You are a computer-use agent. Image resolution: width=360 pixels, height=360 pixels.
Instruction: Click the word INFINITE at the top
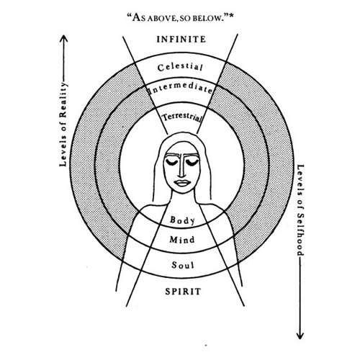181,40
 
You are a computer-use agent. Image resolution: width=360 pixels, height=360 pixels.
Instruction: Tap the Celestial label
180,67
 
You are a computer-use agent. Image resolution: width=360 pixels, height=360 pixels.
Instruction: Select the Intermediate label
181,89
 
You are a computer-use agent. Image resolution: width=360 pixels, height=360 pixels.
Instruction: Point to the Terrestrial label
181,117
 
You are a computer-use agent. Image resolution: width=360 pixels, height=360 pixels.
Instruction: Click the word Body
182,220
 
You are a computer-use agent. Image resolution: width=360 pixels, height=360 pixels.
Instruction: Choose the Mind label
182,240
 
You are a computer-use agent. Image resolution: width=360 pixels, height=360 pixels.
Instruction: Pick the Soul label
183,265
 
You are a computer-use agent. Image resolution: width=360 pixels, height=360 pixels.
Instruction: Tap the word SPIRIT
183,292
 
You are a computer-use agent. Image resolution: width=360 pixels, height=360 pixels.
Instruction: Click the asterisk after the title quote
231,17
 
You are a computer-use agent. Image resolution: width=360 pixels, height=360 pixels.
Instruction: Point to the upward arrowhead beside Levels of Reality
63,38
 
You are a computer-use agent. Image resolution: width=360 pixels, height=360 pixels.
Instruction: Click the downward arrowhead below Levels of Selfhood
300,335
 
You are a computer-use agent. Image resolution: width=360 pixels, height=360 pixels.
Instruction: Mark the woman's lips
182,182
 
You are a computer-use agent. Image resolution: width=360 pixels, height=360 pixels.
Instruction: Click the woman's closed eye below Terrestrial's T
172,163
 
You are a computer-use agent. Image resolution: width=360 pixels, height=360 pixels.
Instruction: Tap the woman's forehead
182,149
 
